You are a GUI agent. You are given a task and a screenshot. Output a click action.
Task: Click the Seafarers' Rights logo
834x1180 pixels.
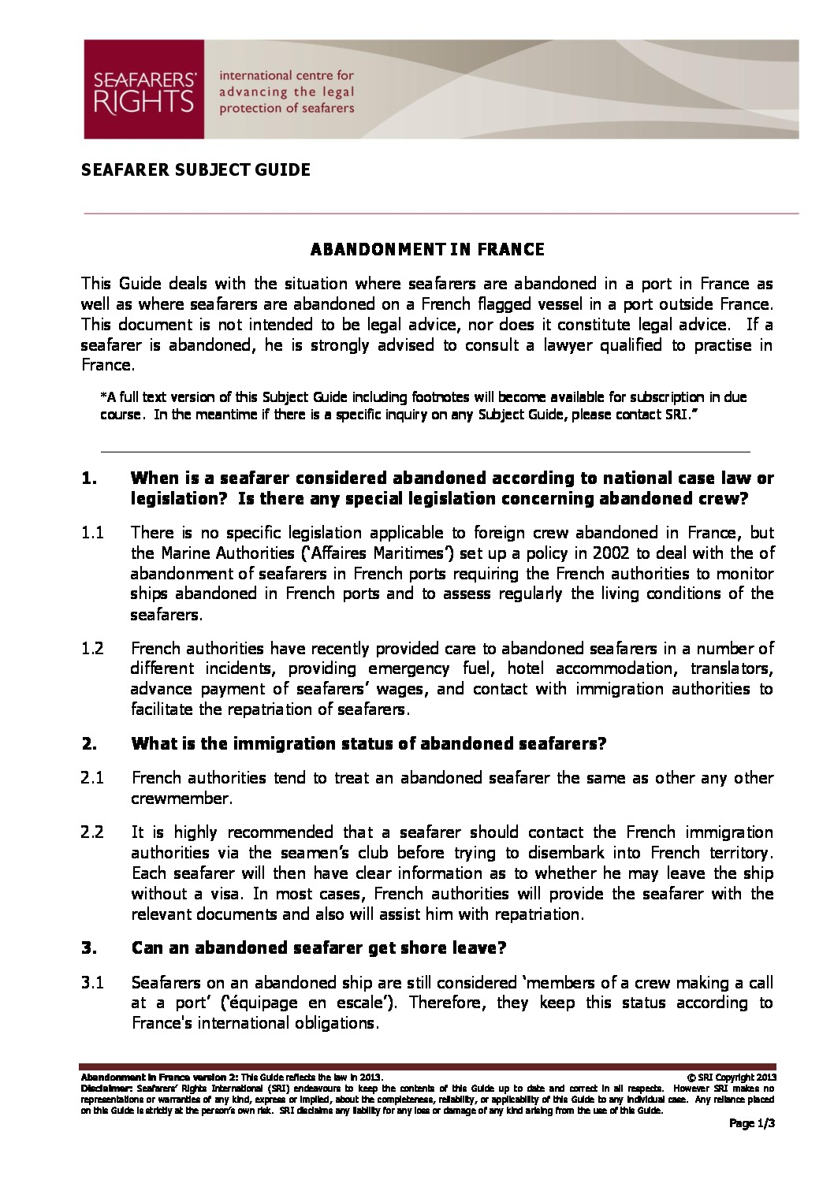pos(144,90)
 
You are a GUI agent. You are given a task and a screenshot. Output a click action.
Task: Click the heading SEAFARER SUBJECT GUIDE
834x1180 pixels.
pos(195,169)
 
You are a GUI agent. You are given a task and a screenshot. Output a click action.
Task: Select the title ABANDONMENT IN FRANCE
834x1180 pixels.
pos(426,250)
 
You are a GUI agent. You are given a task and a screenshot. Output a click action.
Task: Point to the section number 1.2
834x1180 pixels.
pos(92,648)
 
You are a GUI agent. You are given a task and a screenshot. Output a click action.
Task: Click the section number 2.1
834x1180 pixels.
pos(92,778)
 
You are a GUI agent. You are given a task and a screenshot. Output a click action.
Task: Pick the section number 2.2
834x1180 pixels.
pos(92,832)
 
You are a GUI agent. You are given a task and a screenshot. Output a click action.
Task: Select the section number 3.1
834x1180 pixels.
pos(92,983)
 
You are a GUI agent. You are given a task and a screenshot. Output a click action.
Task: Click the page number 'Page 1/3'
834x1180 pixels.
pos(751,1124)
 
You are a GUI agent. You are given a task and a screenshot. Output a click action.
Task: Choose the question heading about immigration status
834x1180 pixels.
pos(368,743)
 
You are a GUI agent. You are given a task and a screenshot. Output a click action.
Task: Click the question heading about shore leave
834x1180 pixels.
pos(318,948)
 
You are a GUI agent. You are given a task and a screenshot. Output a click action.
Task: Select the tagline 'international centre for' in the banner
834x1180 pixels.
pos(286,76)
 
